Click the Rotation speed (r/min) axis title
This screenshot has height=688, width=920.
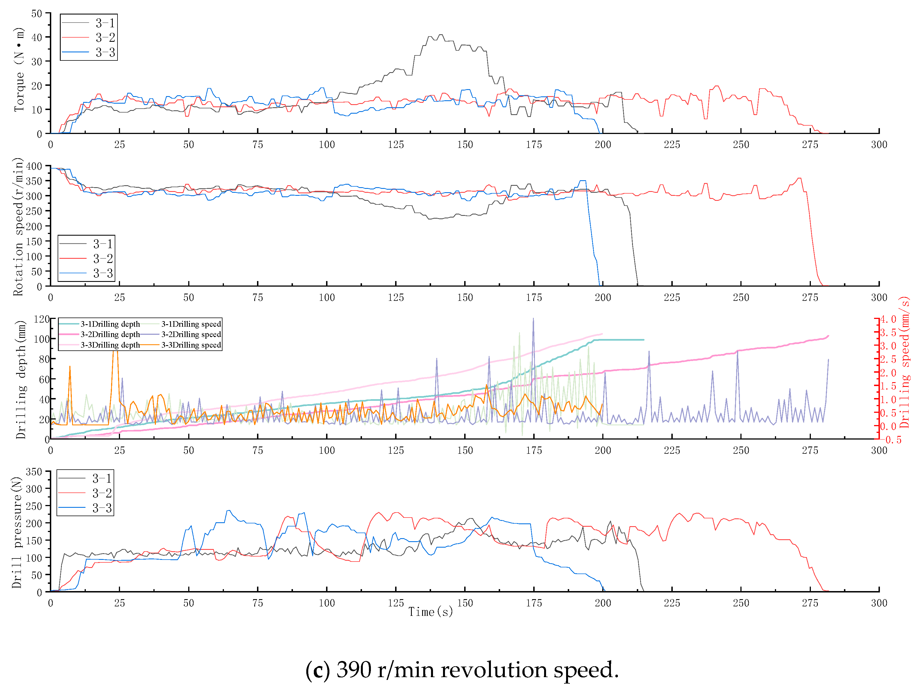[18, 227]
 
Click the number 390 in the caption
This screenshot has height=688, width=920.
[354, 670]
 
